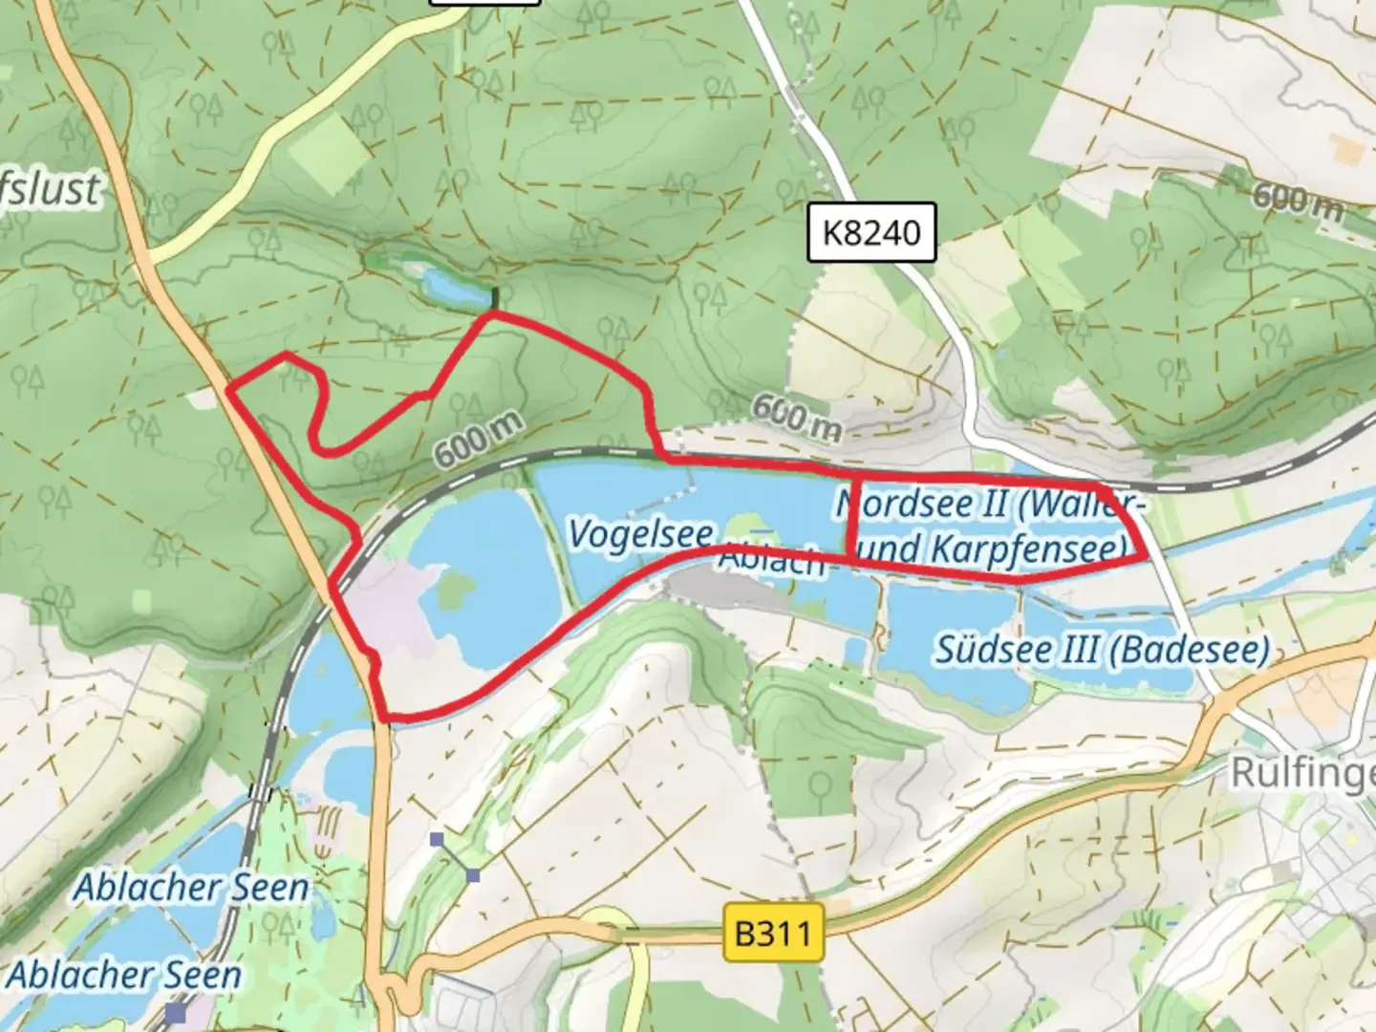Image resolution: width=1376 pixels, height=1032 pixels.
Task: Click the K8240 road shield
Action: (871, 232)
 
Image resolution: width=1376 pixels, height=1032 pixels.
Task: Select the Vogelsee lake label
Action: (640, 534)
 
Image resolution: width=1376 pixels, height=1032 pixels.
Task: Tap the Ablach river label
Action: (773, 560)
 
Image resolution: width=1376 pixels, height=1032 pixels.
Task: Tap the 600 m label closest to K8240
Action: (796, 417)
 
